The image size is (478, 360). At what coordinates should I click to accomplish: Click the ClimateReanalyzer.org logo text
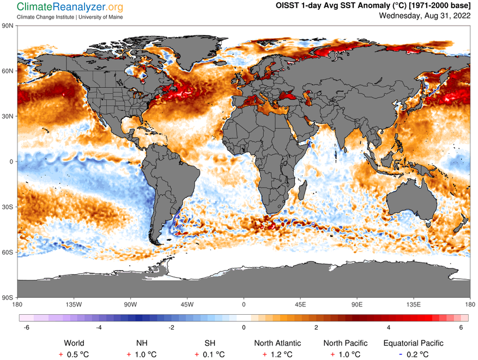(70, 7)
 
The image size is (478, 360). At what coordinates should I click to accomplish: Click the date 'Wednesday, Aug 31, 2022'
(425, 15)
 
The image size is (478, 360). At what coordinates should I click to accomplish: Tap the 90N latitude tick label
(8, 26)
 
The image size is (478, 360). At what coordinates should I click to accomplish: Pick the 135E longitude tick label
(414, 304)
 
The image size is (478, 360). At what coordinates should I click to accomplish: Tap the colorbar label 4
(389, 327)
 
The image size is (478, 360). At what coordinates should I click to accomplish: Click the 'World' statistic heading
(74, 343)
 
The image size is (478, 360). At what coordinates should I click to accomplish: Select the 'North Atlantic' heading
(277, 343)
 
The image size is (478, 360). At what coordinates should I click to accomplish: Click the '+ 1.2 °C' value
(277, 354)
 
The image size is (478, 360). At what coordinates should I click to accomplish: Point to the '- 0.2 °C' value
(413, 354)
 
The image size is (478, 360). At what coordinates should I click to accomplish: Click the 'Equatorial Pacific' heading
(413, 343)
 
